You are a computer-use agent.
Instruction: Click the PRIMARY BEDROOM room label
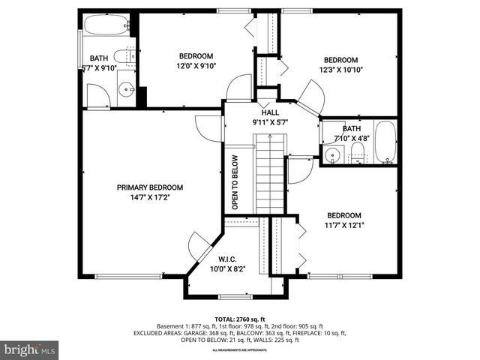[x=149, y=187]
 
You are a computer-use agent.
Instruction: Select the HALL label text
[x=270, y=112]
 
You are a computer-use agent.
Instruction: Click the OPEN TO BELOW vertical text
[x=235, y=182]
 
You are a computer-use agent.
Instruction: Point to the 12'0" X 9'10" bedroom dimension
[x=195, y=66]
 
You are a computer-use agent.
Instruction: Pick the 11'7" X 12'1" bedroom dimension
[x=343, y=224]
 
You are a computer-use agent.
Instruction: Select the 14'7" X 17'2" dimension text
[x=149, y=198]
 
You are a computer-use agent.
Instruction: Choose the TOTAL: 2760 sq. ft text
[x=239, y=319]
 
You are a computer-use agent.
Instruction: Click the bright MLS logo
[x=30, y=349]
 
